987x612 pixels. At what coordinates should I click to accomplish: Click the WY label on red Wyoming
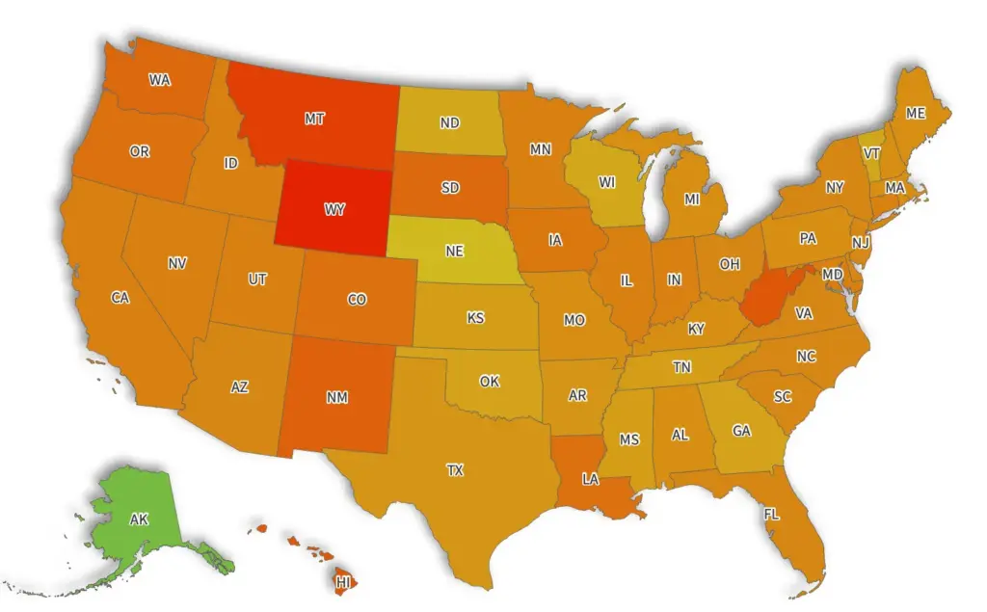(x=334, y=208)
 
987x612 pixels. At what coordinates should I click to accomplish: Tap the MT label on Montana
(x=314, y=120)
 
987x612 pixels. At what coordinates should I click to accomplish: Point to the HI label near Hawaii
(x=343, y=582)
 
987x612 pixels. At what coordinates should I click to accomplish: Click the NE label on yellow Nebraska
(x=454, y=251)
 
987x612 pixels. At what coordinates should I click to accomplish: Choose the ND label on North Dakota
(x=449, y=123)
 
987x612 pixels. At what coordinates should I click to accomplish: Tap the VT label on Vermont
(x=871, y=153)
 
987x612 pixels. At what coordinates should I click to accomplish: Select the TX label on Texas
(x=454, y=470)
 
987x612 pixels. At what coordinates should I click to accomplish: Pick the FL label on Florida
(x=771, y=515)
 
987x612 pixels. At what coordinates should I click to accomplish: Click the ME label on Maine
(x=916, y=114)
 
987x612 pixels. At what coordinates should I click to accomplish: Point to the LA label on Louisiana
(x=591, y=478)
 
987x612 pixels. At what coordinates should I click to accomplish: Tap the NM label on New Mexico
(x=337, y=397)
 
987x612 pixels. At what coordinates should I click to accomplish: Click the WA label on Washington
(x=160, y=80)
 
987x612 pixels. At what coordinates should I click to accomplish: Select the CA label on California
(x=120, y=298)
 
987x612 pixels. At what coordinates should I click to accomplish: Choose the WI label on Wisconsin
(x=606, y=182)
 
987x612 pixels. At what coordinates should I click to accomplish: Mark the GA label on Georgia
(x=741, y=431)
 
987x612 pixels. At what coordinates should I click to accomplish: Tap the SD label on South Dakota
(x=450, y=188)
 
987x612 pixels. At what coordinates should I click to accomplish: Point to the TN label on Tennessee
(x=681, y=367)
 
